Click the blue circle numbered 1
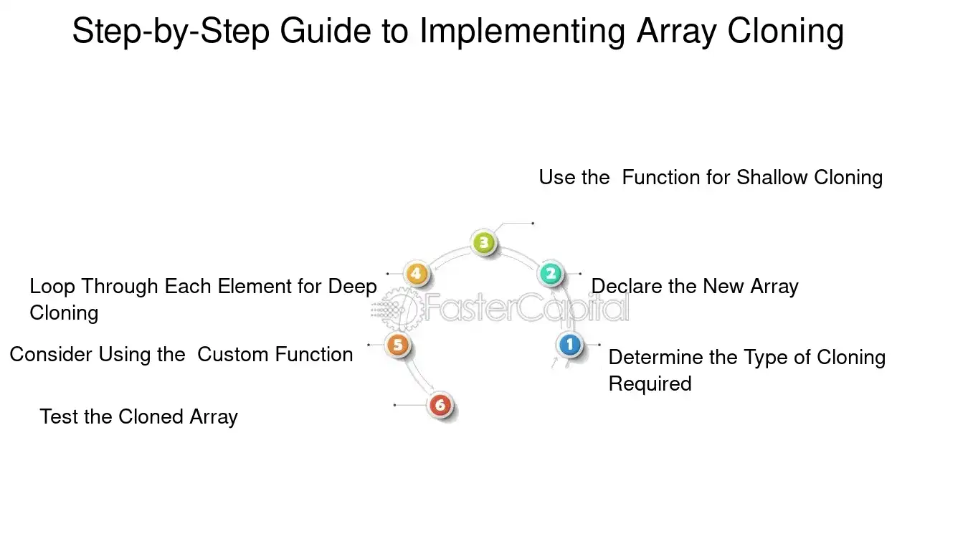click(x=569, y=344)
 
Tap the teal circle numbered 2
click(x=551, y=273)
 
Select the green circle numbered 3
click(x=483, y=242)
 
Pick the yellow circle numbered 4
click(x=416, y=273)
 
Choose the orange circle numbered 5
click(x=397, y=345)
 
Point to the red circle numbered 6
click(x=440, y=405)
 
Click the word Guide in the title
click(x=325, y=31)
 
